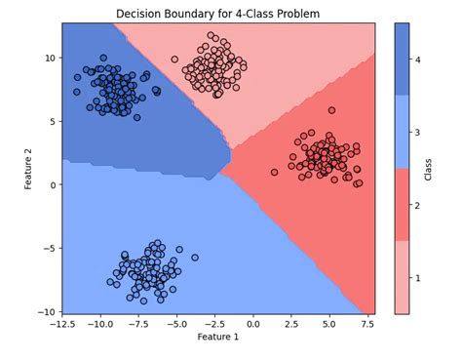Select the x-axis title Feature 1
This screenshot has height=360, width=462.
tap(218, 337)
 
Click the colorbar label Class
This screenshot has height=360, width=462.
tap(455, 168)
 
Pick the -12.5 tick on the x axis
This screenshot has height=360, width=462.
tap(61, 322)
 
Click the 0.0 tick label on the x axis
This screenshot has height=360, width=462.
tap(252, 322)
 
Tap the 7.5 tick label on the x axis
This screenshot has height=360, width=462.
tap(367, 322)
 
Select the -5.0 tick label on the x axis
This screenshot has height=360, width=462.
tap(175, 322)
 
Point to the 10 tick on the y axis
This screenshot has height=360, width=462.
tap(48, 58)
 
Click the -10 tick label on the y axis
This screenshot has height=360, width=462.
tap(44, 310)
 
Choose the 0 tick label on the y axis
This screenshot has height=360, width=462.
tap(51, 183)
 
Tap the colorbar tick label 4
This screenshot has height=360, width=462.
tap(426, 60)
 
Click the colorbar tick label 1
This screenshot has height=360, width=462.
tap(426, 277)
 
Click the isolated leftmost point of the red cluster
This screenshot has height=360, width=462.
tap(301, 172)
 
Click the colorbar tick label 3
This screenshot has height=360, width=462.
tap(426, 132)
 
